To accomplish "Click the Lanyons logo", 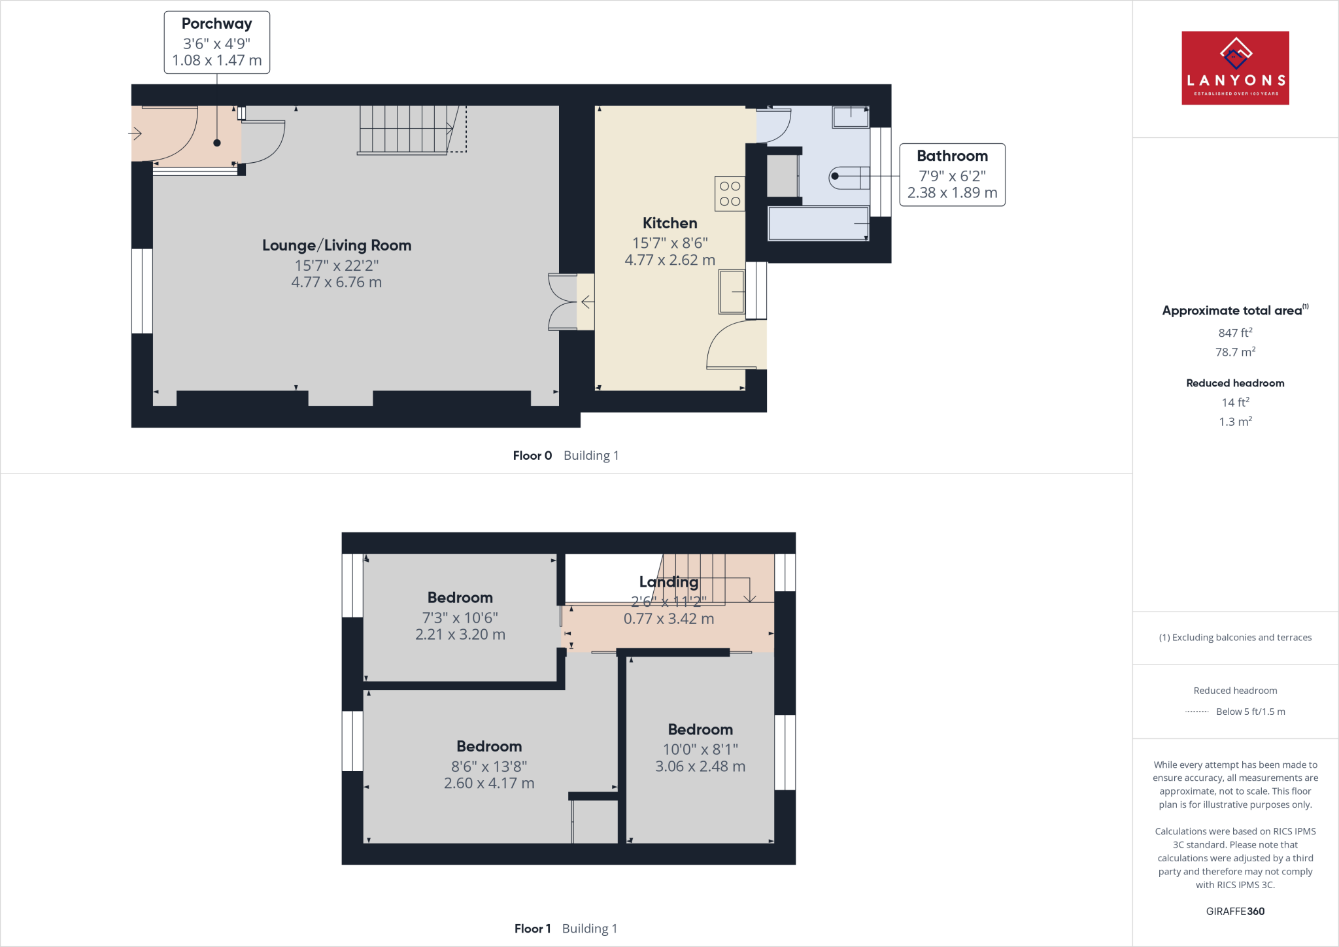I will [x=1234, y=68].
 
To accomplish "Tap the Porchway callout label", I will [x=216, y=43].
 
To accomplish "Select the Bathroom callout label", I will [x=951, y=175].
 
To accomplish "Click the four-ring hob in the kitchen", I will [x=730, y=194].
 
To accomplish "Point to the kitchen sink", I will [x=732, y=292].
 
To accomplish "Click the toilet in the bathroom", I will [x=849, y=177].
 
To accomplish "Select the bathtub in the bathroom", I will [x=818, y=224].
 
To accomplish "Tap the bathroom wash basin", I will [x=850, y=118].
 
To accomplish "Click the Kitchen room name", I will [x=669, y=223].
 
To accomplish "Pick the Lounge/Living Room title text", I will [x=337, y=245].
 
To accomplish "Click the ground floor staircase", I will [x=405, y=129].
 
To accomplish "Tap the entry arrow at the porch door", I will [x=135, y=134].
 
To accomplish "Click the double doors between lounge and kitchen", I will [x=563, y=302].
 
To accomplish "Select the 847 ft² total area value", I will [x=1234, y=333].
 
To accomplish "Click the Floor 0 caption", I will [x=532, y=456].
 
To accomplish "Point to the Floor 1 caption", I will [x=532, y=929].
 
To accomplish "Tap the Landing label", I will [x=668, y=581].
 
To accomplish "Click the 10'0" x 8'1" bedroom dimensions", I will [x=700, y=749].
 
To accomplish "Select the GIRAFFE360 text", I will [x=1234, y=911].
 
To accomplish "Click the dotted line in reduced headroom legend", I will [x=1196, y=712].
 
